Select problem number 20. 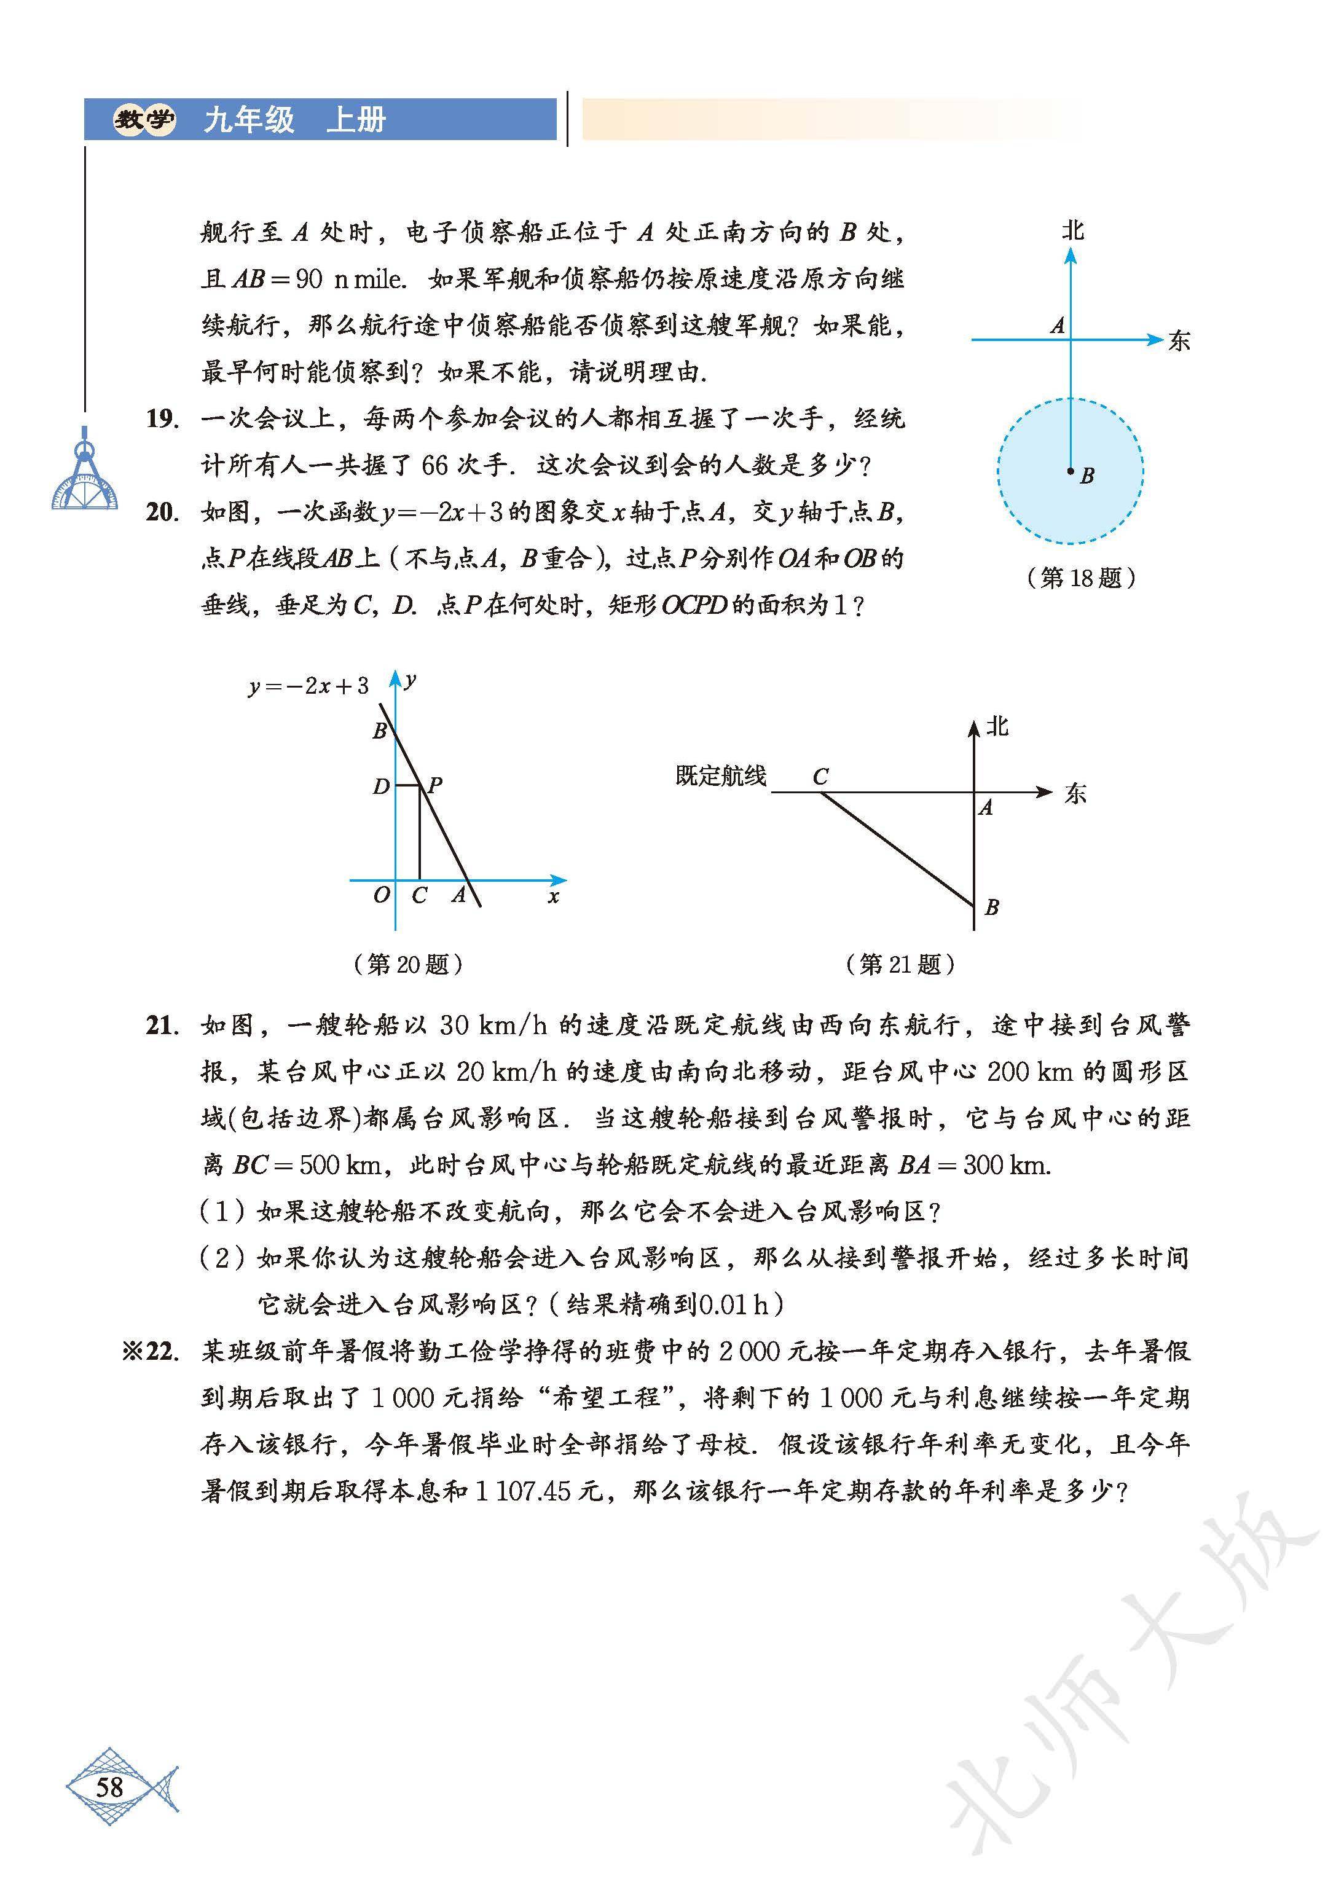pos(162,512)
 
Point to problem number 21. pos(162,1025)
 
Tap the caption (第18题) pos(1081,578)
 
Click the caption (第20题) pos(408,964)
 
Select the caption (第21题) pos(900,964)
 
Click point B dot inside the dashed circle pos(1071,471)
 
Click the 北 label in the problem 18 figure pos(1072,230)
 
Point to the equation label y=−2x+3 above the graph pos(308,686)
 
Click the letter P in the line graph pos(435,785)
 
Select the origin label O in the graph pos(381,895)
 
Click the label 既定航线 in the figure pos(721,775)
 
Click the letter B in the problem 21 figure pos(992,908)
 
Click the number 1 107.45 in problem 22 pos(523,1492)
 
